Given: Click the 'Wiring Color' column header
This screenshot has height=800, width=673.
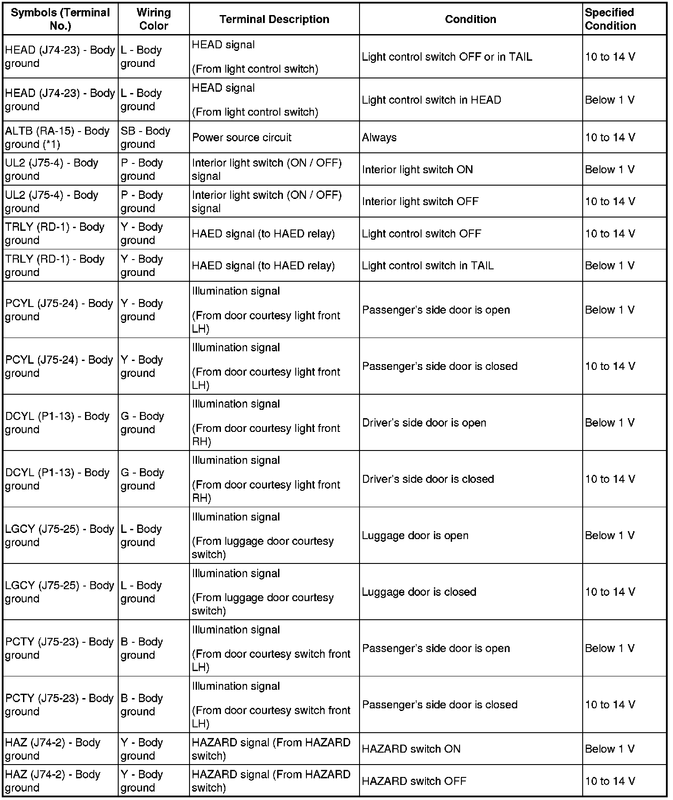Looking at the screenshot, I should tap(153, 19).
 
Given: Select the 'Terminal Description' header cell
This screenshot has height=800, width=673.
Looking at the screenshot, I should tap(274, 19).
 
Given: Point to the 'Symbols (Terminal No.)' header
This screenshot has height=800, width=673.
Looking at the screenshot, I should tap(60, 19).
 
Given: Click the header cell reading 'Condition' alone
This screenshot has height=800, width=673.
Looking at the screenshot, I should tap(470, 19).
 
